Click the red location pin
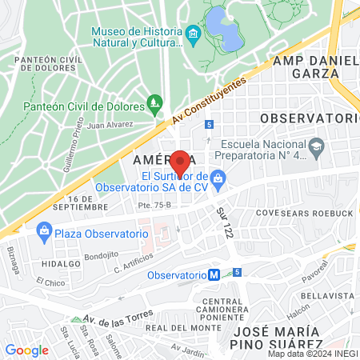[180, 162]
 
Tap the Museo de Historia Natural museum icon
[192, 35]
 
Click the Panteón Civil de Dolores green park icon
[155, 102]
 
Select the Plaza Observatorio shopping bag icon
[45, 233]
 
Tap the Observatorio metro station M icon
[214, 274]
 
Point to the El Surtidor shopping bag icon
[219, 177]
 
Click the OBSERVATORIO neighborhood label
[307, 118]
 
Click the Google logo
[26, 350]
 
